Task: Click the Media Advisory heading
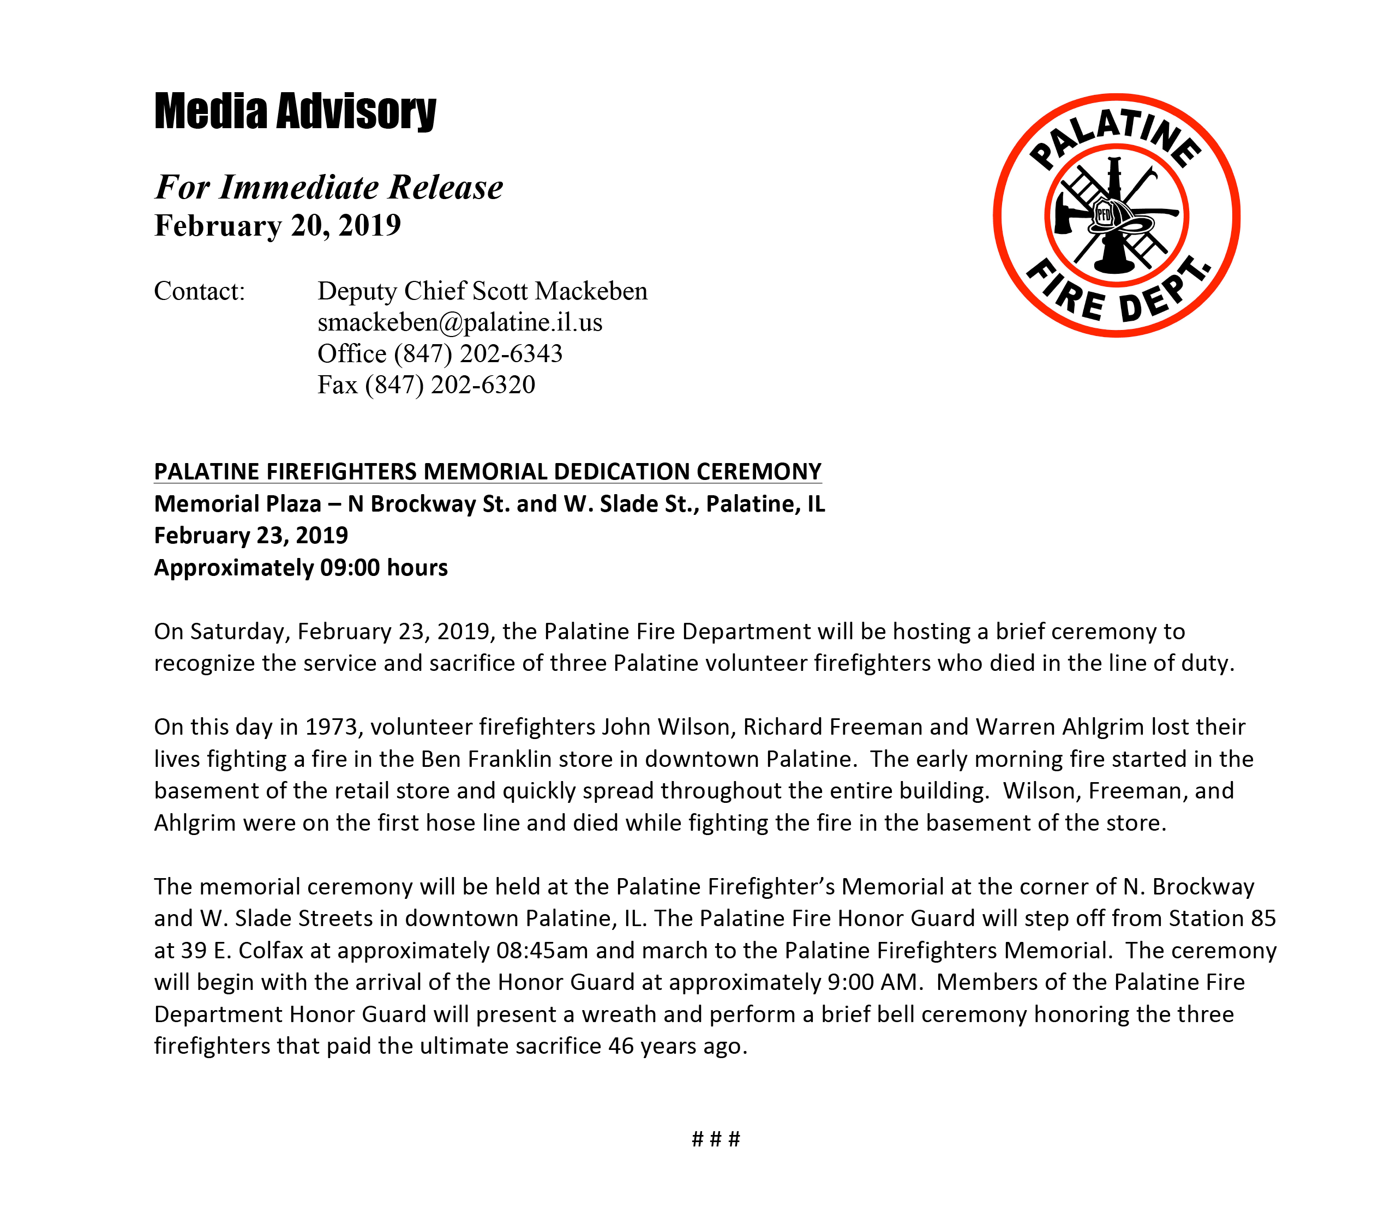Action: [x=295, y=111]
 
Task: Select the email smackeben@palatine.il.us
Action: [x=460, y=323]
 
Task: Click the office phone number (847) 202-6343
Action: [x=478, y=353]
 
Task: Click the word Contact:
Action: [x=200, y=291]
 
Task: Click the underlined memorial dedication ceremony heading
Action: [x=488, y=471]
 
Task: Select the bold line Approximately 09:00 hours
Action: [x=301, y=568]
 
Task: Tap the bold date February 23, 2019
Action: [x=250, y=536]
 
